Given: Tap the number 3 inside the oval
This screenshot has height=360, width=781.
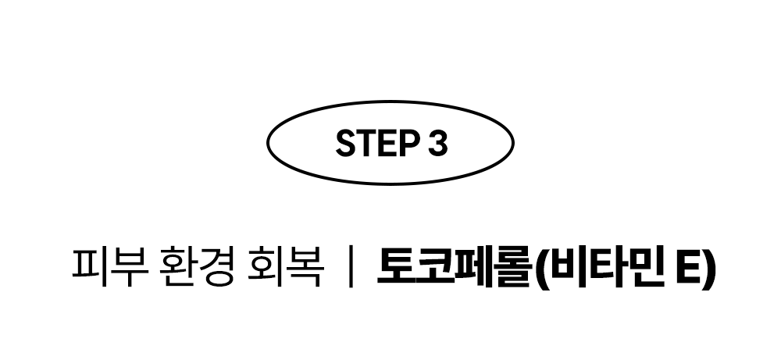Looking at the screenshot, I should coord(437,143).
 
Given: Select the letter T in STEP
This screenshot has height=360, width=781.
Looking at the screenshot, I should coord(365,143).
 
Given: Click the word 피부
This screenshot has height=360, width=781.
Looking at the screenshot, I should coord(106,267).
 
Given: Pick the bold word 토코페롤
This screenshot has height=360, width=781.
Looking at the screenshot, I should coord(454,267).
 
